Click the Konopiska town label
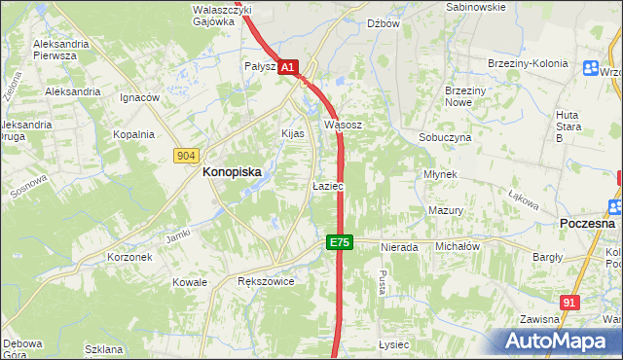click(232, 171)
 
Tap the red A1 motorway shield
click(288, 67)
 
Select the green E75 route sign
click(339, 242)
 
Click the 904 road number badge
click(188, 156)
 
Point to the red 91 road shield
click(571, 304)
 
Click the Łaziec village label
click(326, 185)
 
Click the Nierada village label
click(399, 247)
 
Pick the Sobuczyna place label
click(445, 138)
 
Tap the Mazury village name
click(445, 210)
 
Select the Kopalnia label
click(133, 135)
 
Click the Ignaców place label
click(139, 98)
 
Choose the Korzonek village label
click(129, 258)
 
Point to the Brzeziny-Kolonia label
click(527, 64)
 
